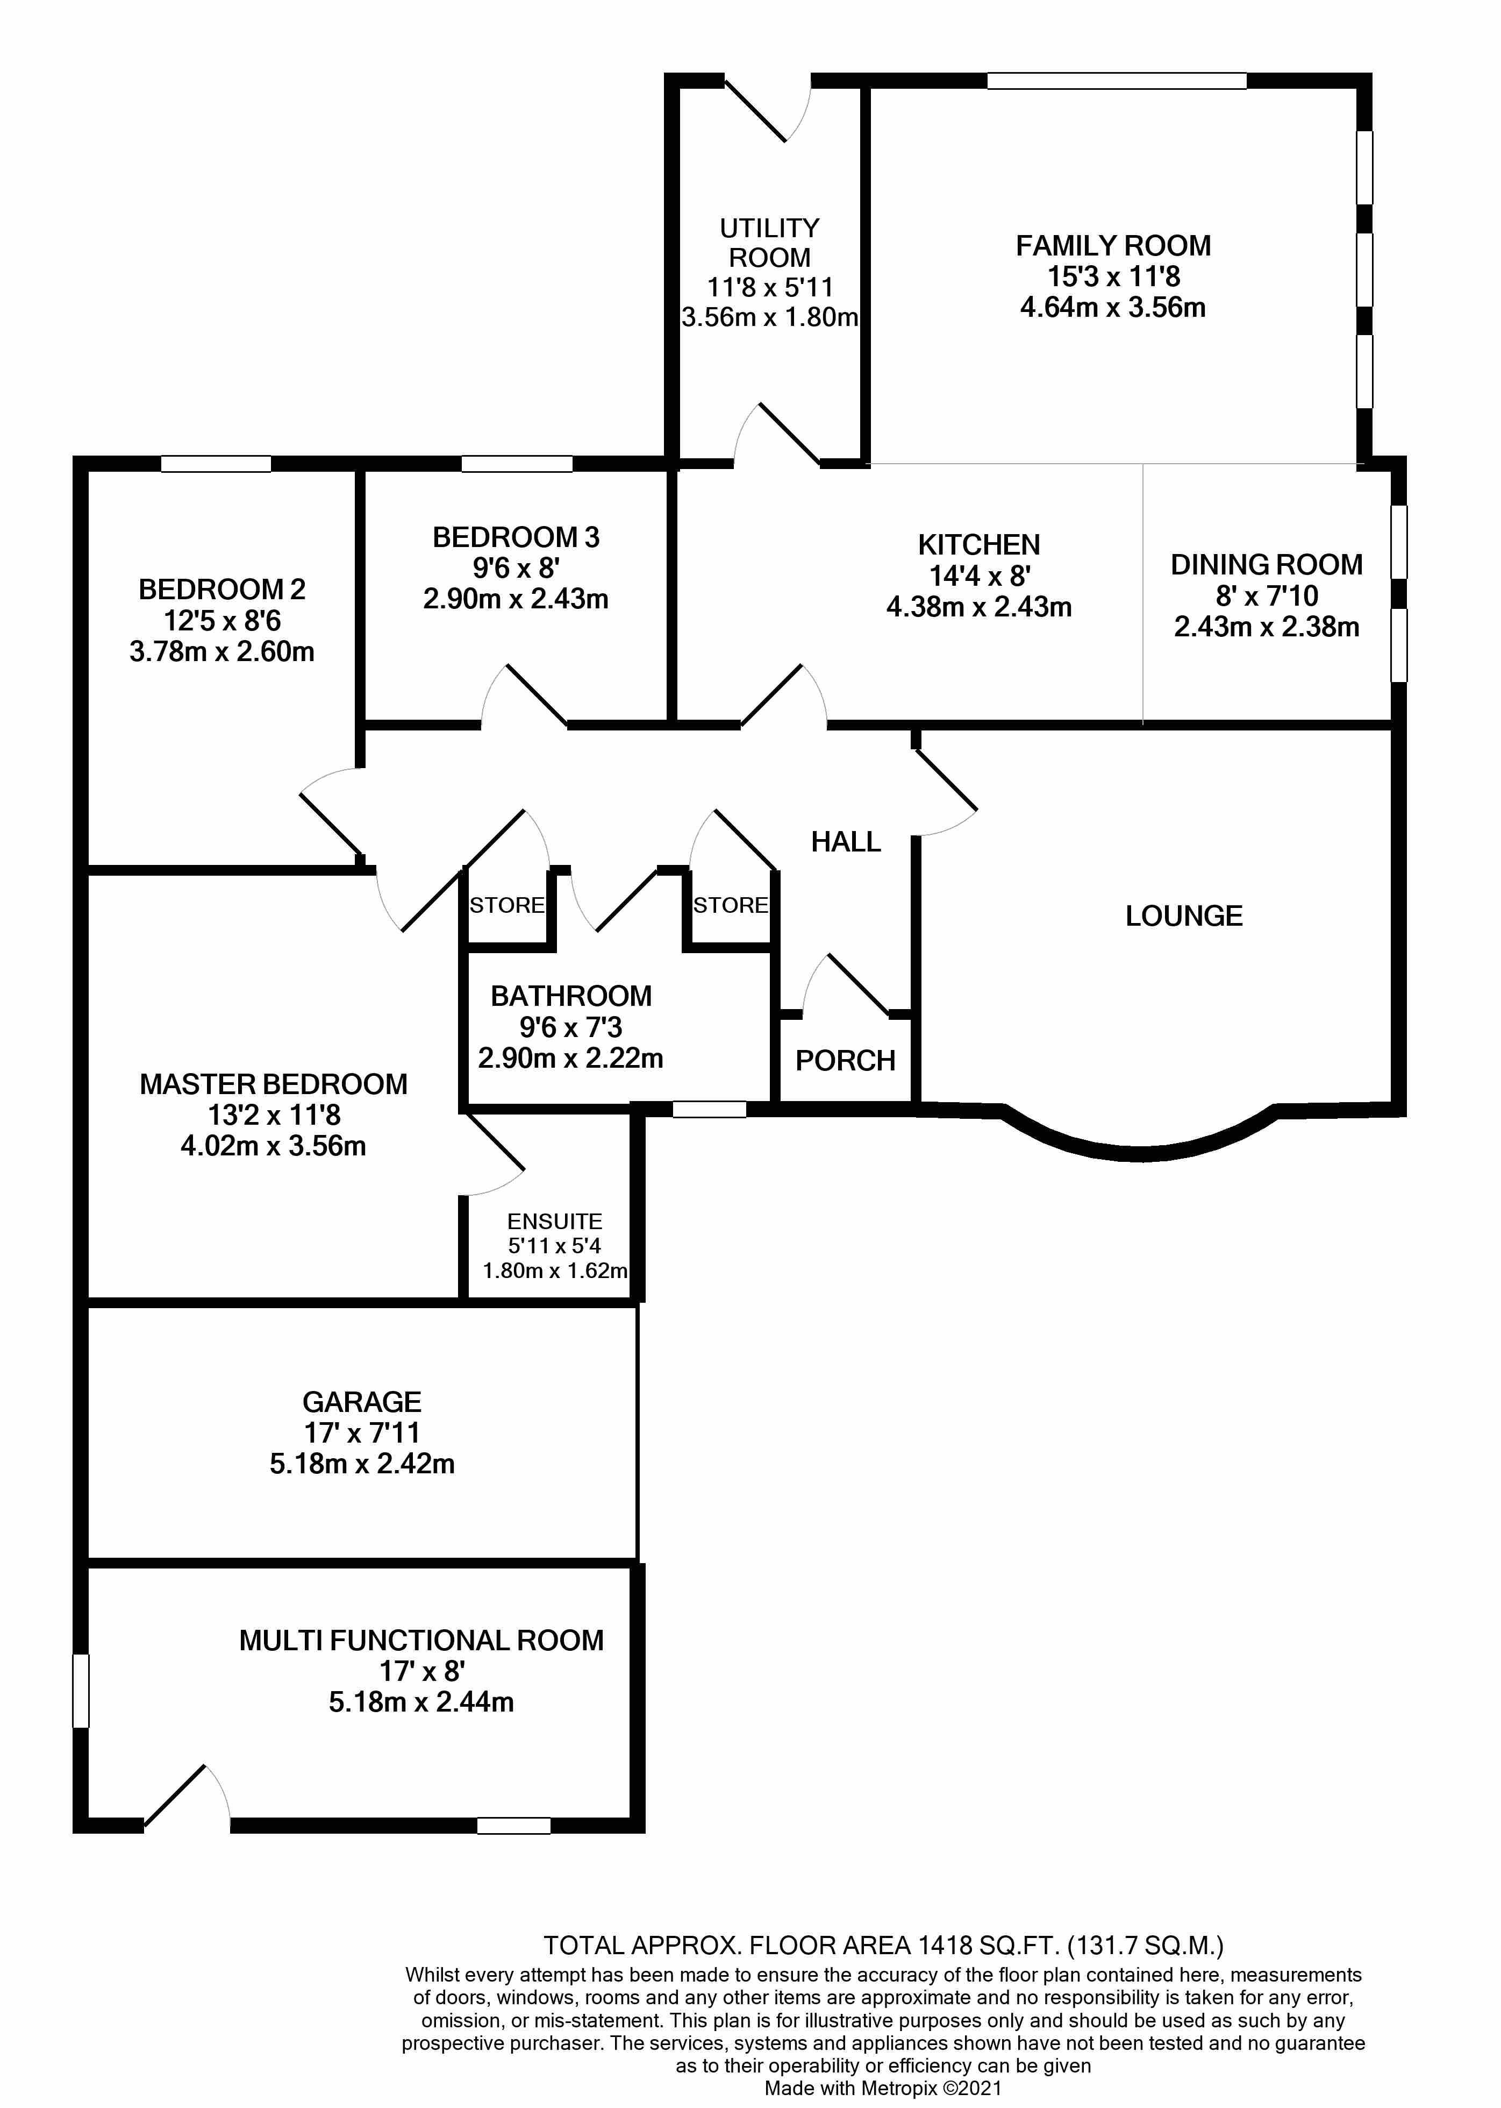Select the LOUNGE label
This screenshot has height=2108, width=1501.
(x=1183, y=915)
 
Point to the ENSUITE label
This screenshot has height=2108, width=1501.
(x=555, y=1222)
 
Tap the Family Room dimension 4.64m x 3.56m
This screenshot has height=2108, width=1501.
(x=1113, y=307)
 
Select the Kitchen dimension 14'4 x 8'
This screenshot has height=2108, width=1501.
(x=980, y=576)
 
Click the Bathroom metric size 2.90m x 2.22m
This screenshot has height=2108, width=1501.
(x=570, y=1057)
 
